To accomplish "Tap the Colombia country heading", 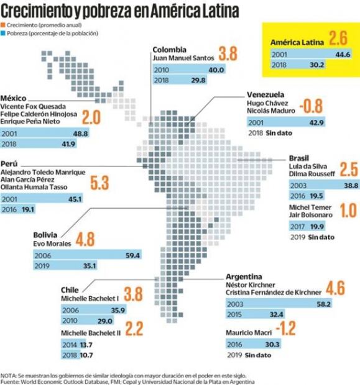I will [x=169, y=49].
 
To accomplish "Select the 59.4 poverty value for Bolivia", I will [x=133, y=255].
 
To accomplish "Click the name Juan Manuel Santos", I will [x=183, y=58].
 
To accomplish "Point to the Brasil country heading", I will [x=298, y=158].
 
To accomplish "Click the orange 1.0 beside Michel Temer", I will [x=349, y=210].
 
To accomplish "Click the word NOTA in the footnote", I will [x=9, y=375].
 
